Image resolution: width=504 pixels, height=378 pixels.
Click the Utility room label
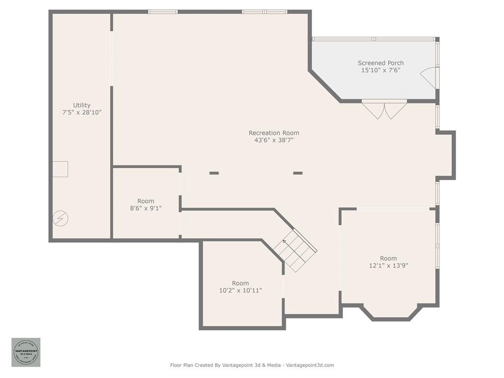pyautogui.click(x=82, y=105)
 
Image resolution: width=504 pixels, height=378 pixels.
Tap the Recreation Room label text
pyautogui.click(x=274, y=133)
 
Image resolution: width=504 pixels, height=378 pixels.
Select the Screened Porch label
pyautogui.click(x=380, y=63)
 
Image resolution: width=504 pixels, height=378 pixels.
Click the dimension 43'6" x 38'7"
pyautogui.click(x=274, y=140)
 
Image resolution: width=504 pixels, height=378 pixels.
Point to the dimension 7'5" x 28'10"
pyautogui.click(x=82, y=112)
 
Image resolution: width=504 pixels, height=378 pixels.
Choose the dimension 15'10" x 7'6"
pyautogui.click(x=380, y=70)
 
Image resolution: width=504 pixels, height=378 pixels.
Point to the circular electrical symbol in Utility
pyautogui.click(x=61, y=218)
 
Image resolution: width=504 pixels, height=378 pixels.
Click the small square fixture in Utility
pyautogui.click(x=61, y=169)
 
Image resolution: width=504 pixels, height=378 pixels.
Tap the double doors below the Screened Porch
pyautogui.click(x=384, y=109)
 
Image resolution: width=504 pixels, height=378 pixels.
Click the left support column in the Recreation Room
pyautogui.click(x=214, y=173)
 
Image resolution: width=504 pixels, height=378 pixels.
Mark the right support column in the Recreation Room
pyautogui.click(x=298, y=173)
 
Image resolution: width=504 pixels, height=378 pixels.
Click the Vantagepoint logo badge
pyautogui.click(x=26, y=352)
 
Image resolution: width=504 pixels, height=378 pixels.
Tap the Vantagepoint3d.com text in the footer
pyautogui.click(x=310, y=365)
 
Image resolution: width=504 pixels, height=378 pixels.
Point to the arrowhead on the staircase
pyautogui.click(x=284, y=241)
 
